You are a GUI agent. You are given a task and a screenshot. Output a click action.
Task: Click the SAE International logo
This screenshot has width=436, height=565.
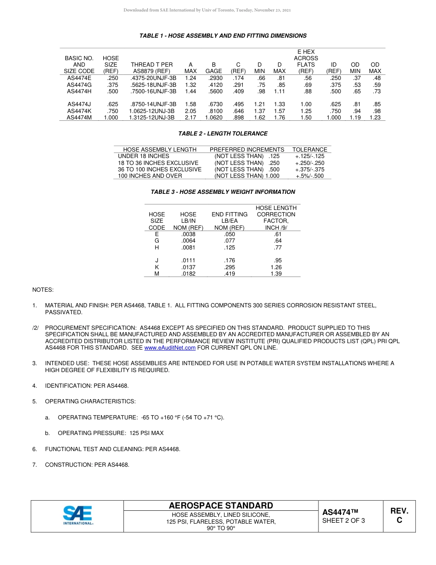tap(78, 515)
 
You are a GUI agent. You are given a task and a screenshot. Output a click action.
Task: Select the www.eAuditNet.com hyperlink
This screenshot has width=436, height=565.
tap(170, 348)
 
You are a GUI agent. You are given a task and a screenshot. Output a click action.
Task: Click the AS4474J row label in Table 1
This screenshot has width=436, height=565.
tap(79, 104)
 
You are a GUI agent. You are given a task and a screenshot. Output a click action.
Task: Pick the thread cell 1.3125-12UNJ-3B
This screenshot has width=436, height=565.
tap(152, 118)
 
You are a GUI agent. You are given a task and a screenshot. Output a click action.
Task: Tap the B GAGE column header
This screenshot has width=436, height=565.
tap(213, 68)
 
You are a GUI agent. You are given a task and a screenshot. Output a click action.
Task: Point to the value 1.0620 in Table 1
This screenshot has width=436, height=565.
tap(213, 118)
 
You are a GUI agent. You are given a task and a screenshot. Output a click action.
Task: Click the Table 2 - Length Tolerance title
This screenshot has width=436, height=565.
tap(223, 134)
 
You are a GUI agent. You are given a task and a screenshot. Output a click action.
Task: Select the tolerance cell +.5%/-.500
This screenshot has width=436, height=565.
tap(310, 176)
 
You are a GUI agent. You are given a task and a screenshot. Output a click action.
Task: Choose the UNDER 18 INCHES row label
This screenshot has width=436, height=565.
tap(137, 156)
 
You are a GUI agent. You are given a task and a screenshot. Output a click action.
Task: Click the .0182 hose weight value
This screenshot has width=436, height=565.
tap(188, 274)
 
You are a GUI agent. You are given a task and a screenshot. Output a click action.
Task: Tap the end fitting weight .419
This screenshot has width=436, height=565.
tap(229, 274)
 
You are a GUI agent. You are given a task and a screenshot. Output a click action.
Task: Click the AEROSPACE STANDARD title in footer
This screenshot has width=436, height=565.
tap(221, 506)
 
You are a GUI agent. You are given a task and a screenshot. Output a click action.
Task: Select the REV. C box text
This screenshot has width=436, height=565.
tap(399, 515)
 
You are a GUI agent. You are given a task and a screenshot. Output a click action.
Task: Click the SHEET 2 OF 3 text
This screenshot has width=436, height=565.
tap(344, 520)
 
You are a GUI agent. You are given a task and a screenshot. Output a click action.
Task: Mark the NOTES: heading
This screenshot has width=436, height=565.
tap(43, 290)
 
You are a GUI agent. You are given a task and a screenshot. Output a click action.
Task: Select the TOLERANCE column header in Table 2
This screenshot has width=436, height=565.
tap(310, 149)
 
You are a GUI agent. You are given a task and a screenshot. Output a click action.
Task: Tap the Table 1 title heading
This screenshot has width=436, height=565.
tap(223, 36)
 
